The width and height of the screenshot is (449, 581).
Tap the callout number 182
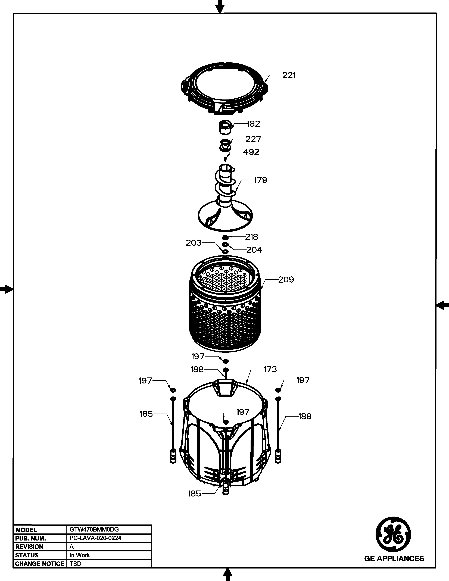tap(254, 124)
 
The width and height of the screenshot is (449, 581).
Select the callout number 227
tap(253, 139)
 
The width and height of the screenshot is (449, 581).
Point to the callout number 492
tap(251, 152)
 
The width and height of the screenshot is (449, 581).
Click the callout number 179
tap(260, 180)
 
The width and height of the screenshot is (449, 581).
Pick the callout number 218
tap(251, 237)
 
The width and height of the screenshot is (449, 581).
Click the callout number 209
tap(286, 280)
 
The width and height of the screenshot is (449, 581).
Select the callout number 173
tap(270, 369)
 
